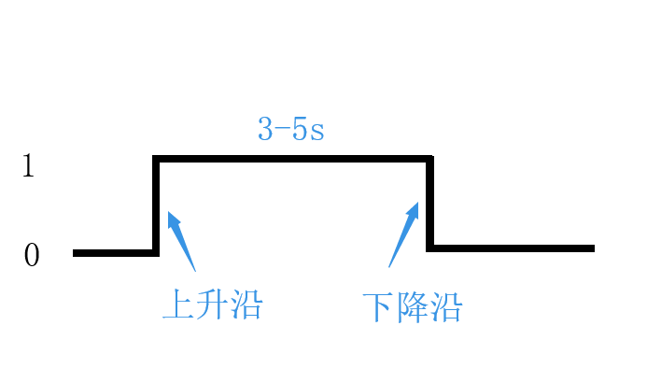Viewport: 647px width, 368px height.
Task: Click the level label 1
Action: pyautogui.click(x=28, y=166)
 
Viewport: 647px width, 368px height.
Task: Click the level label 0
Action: pyautogui.click(x=31, y=255)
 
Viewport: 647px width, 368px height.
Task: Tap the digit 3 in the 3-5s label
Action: pyautogui.click(x=266, y=129)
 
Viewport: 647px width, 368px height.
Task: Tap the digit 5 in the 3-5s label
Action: pyautogui.click(x=300, y=129)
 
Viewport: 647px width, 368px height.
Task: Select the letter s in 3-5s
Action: pyautogui.click(x=316, y=132)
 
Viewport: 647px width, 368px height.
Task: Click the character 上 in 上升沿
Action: pyautogui.click(x=178, y=304)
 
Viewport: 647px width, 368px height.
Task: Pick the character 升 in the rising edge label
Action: pyautogui.click(x=212, y=304)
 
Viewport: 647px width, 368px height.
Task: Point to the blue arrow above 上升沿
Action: pyautogui.click(x=181, y=240)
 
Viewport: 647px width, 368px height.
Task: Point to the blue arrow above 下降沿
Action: pyautogui.click(x=404, y=234)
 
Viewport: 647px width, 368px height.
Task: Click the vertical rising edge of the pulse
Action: pyautogui.click(x=156, y=205)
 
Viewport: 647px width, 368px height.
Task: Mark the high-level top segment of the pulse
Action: pyautogui.click(x=293, y=159)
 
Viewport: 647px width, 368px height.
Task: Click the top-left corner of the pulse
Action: pyautogui.click(x=156, y=159)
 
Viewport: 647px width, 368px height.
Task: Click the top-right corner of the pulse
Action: pyautogui.click(x=430, y=159)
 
